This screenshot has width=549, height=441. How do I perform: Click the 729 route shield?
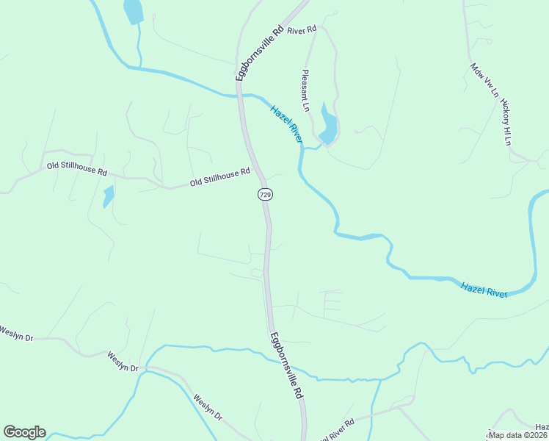265,194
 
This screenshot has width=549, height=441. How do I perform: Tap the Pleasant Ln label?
306,90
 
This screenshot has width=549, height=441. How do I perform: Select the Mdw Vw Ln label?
484,82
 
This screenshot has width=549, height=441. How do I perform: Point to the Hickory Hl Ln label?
506,121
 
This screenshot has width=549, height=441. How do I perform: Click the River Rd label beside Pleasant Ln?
302,30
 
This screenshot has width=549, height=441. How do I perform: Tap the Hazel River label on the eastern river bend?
484,290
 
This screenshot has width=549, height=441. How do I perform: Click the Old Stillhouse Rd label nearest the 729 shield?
220,176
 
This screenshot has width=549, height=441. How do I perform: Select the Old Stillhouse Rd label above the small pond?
77,168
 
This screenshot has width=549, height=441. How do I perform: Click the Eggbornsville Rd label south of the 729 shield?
286,366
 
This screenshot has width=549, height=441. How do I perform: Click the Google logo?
24,432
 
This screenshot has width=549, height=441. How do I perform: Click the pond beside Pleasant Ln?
329,127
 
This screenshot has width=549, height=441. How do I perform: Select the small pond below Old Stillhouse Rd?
108,196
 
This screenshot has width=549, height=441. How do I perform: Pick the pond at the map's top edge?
133,10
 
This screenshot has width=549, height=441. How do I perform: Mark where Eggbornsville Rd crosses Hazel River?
240,94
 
